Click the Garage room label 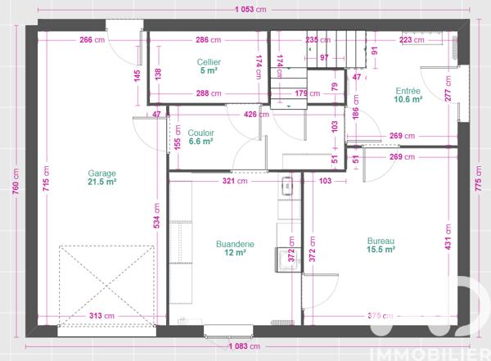coord(102,173)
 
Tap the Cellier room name coord(208,61)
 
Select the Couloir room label coord(200,132)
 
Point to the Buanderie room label coord(234,243)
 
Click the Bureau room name coord(381,241)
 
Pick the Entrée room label coord(407,91)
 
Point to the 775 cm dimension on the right coord(479,183)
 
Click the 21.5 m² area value coord(102,183)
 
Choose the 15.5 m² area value coord(381,250)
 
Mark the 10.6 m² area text coord(407,100)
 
